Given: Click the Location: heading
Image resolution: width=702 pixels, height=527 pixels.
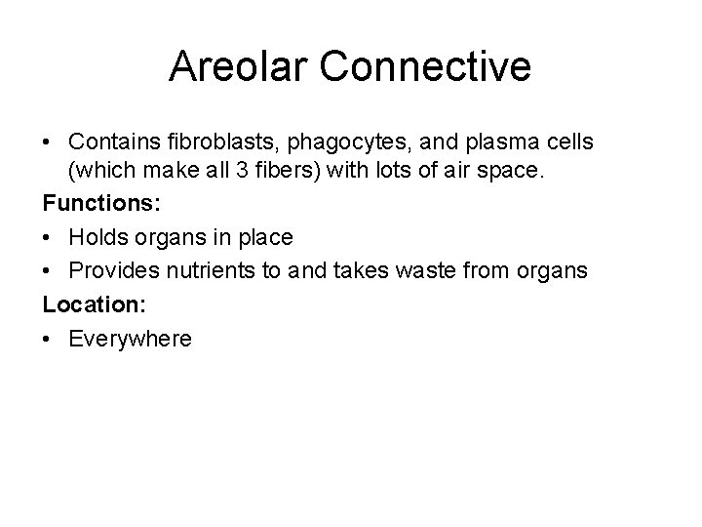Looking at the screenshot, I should pos(94,304).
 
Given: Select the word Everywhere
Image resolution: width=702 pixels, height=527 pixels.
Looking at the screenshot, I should pos(131,338).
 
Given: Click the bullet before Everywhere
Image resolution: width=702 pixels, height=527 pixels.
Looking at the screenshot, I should pos(48,338).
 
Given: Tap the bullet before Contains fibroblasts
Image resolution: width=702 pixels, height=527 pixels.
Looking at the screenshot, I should pos(48,142).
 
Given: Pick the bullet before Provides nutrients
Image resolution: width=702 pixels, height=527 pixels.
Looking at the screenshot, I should pos(48,271).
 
